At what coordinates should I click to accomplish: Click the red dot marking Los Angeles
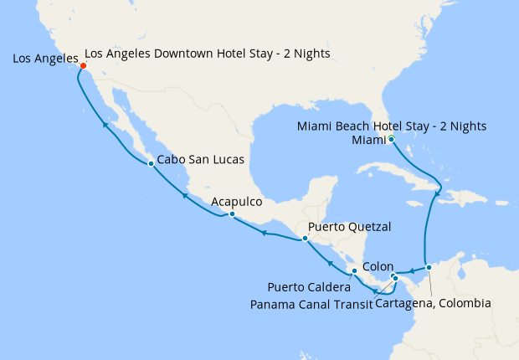click(83, 67)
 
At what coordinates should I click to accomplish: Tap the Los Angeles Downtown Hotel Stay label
click(208, 54)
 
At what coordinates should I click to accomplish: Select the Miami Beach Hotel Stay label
click(392, 126)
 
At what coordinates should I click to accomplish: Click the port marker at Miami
click(392, 139)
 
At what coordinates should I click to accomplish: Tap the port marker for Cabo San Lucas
click(151, 163)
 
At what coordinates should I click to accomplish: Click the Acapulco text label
click(237, 202)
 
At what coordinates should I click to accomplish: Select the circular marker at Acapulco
click(232, 215)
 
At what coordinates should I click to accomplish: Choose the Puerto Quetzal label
click(350, 227)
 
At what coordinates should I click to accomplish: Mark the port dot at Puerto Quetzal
click(306, 239)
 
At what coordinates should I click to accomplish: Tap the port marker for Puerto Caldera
click(355, 271)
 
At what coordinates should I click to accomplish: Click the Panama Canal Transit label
click(311, 304)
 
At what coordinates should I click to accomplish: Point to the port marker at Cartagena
click(429, 268)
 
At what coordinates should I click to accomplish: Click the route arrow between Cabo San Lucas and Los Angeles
click(105, 125)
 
